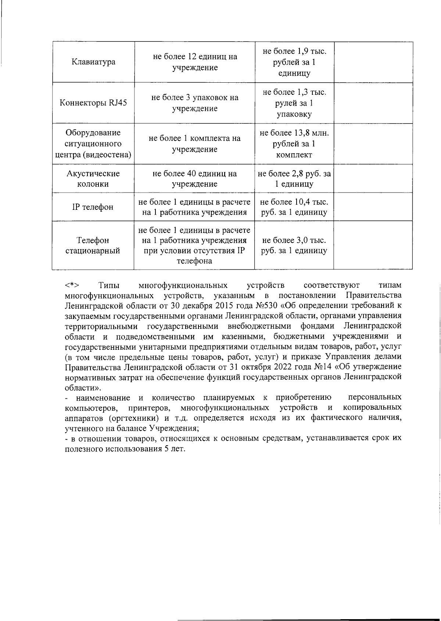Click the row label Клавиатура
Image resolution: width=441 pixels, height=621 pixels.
[93, 62]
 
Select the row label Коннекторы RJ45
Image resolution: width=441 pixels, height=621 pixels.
[93, 103]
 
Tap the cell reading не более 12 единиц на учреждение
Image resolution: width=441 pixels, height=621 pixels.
[195, 62]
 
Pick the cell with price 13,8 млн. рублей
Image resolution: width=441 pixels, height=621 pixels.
[294, 144]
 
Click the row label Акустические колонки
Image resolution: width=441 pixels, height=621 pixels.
[93, 179]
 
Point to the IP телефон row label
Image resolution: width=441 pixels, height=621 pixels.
[93, 207]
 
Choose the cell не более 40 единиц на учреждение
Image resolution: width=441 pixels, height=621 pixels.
[195, 179]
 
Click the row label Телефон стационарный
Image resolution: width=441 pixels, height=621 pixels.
[93, 245]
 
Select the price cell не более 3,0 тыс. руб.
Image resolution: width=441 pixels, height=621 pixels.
[294, 245]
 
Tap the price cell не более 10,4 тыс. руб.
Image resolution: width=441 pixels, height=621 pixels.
[294, 207]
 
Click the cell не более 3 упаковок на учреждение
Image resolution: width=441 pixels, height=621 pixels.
[195, 103]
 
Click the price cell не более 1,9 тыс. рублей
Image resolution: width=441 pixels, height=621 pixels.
[294, 62]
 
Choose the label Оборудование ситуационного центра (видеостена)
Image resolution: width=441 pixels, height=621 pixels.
[93, 144]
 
